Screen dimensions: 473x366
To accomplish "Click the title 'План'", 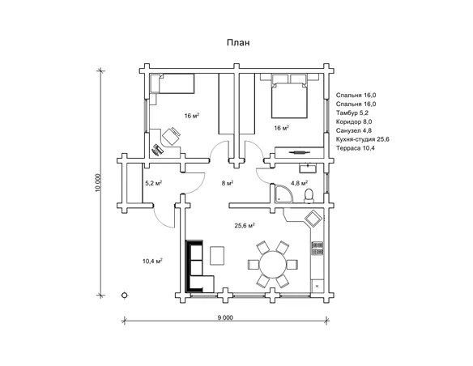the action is (x=238, y=42).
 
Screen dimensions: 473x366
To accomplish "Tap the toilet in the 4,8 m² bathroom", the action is (x=309, y=196).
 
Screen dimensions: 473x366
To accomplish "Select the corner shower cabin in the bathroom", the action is (x=283, y=194).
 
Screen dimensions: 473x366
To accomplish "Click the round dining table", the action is (x=273, y=265).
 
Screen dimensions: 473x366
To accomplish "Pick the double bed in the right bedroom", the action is (x=289, y=100).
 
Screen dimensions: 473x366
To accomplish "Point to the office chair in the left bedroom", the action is (x=171, y=136).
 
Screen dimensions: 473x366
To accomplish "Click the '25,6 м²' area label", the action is (x=245, y=225).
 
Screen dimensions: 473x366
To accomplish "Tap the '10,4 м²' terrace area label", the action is (x=152, y=261).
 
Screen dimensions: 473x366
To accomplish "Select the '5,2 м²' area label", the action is (x=154, y=183).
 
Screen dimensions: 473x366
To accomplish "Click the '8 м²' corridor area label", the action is (x=228, y=183).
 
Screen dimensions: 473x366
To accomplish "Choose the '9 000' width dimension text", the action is (x=225, y=317).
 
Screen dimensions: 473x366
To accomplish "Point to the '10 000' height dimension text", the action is (x=97, y=183).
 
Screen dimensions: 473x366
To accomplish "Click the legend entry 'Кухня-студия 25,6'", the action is (x=363, y=139).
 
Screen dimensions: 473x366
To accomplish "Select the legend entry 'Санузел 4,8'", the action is (x=354, y=130).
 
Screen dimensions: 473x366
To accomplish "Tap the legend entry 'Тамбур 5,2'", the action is (x=352, y=113).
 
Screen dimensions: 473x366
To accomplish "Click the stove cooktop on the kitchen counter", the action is (x=317, y=249).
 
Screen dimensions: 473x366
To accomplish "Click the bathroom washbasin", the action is (x=308, y=168).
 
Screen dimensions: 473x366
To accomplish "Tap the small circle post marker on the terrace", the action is (x=124, y=296).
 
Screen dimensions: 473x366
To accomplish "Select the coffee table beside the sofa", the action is (x=217, y=256).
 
